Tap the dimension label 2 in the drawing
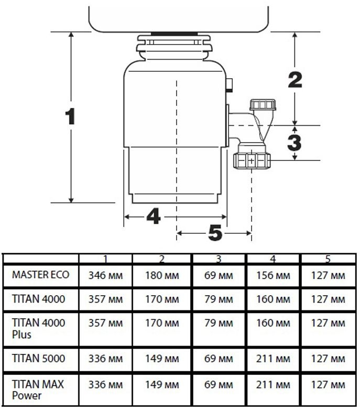click(295, 80)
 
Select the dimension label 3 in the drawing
click(295, 142)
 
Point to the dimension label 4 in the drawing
click(152, 217)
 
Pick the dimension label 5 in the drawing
click(215, 233)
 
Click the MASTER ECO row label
click(40, 275)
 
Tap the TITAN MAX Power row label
click(38, 390)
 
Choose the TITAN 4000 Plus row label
click(39, 328)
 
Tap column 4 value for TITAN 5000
click(272, 359)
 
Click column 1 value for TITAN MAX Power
click(105, 385)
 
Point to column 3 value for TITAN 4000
click(219, 299)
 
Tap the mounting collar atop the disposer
click(174, 44)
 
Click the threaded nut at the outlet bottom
click(252, 160)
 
